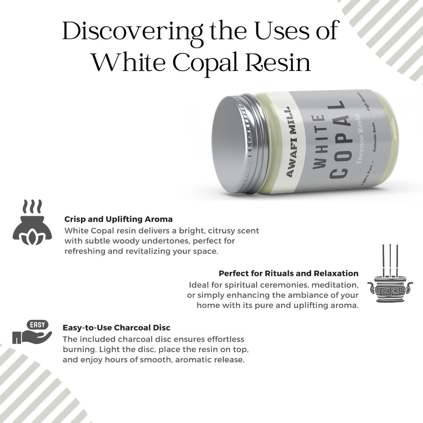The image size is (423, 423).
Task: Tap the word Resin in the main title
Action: click(278, 63)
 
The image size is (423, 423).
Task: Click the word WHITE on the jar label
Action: click(319, 142)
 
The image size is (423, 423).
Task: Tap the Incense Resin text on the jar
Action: click(358, 138)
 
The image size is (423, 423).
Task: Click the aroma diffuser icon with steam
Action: click(33, 222)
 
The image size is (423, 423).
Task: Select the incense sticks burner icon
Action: click(390, 274)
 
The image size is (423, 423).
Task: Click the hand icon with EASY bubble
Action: click(32, 332)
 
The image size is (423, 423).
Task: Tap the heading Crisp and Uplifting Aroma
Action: click(118, 219)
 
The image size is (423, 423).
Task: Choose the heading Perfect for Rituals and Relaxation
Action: click(288, 273)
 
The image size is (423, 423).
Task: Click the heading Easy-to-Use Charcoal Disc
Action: click(117, 327)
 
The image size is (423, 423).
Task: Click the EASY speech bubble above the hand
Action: click(38, 325)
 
